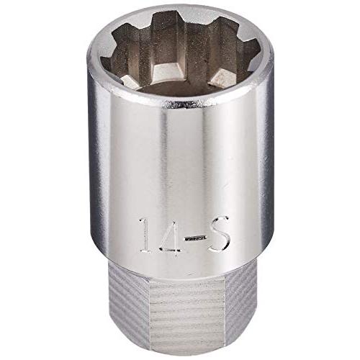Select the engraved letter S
coord(219,235)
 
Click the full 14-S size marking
coord(184,235)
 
